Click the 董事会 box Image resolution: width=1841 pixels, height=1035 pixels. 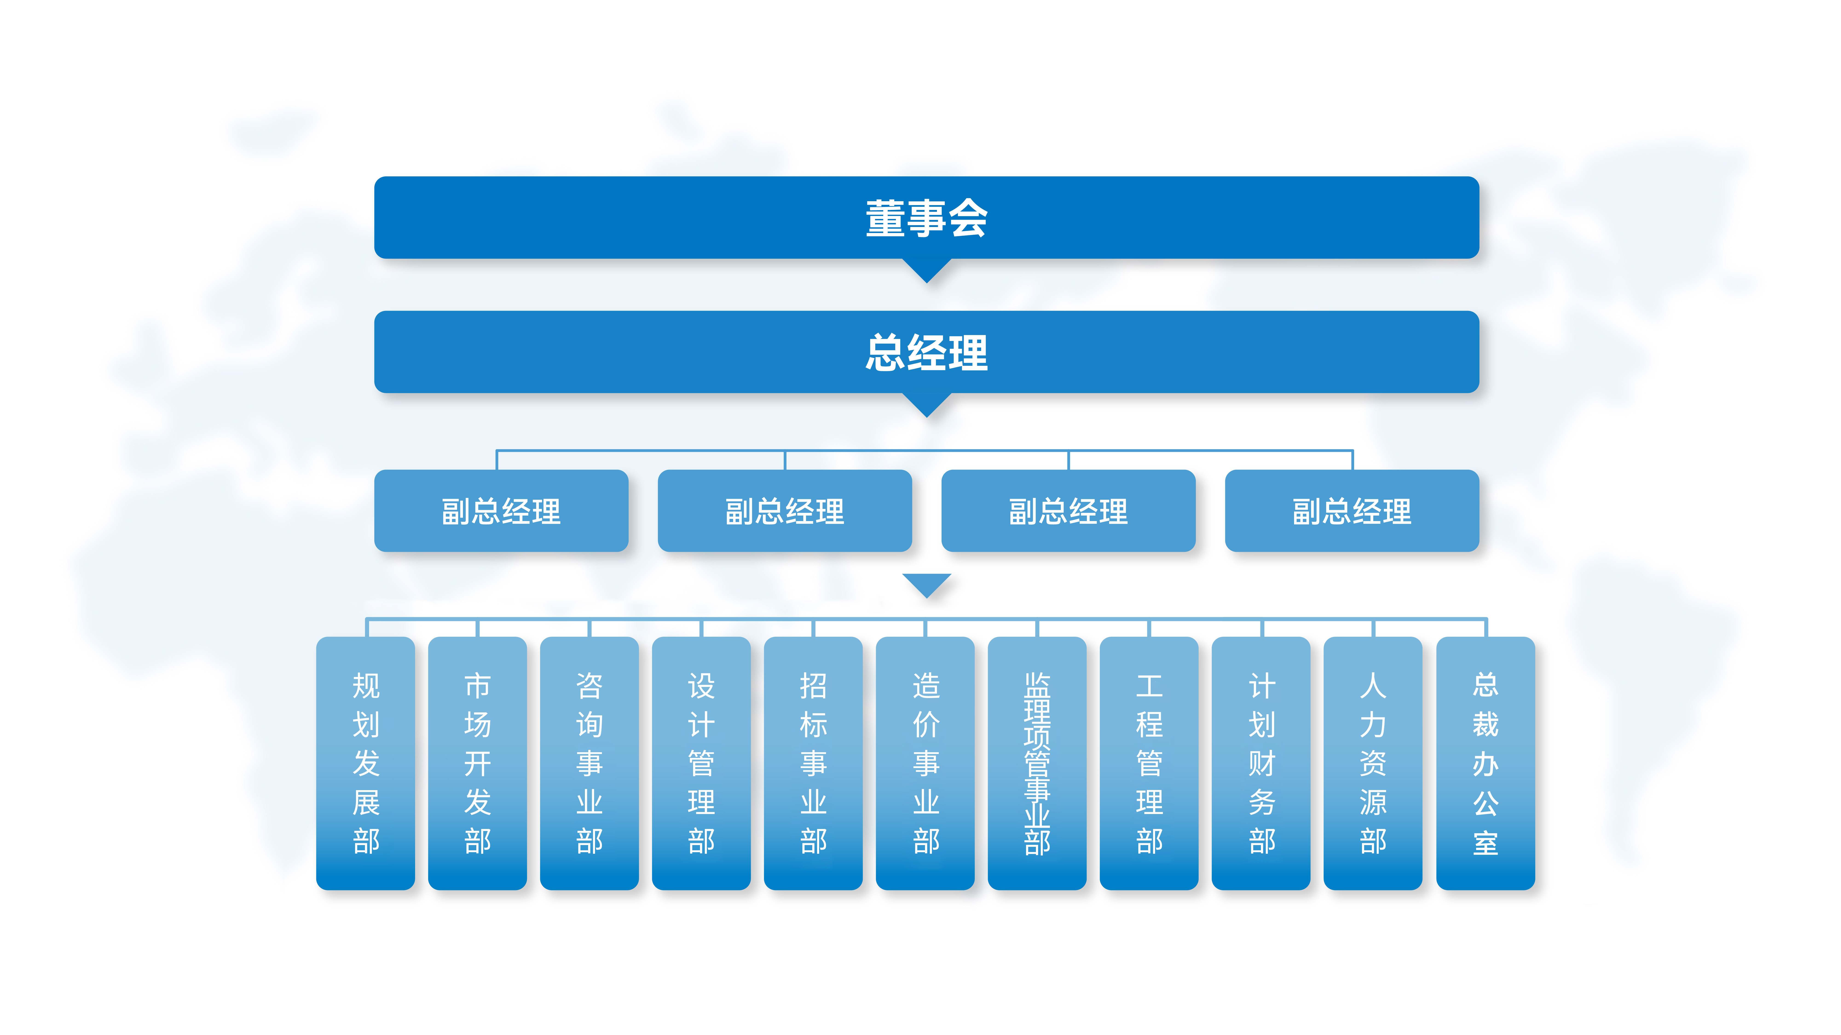coord(926,217)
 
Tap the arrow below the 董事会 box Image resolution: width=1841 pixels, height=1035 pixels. coord(926,270)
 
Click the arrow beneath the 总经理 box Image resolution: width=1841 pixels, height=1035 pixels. coord(926,404)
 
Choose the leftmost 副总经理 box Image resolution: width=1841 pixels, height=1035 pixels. coord(501,511)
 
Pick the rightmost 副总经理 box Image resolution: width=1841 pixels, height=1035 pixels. coord(1351,511)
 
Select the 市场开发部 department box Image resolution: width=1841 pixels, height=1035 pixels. coord(477,763)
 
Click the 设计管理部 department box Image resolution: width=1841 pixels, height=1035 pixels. coord(701,763)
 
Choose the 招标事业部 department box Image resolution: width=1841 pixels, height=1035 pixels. coord(813,763)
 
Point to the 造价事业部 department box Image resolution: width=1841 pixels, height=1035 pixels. coord(925,763)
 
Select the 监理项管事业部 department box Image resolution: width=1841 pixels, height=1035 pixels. coord(1037,763)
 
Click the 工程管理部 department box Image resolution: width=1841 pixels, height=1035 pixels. coord(1149,763)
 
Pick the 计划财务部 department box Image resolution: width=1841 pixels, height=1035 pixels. coord(1261,763)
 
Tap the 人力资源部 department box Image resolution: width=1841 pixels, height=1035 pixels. coord(1373,763)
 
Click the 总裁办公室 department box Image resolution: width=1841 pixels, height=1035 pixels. coord(1485,763)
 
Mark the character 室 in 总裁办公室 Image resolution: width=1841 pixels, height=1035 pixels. coord(1485,843)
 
